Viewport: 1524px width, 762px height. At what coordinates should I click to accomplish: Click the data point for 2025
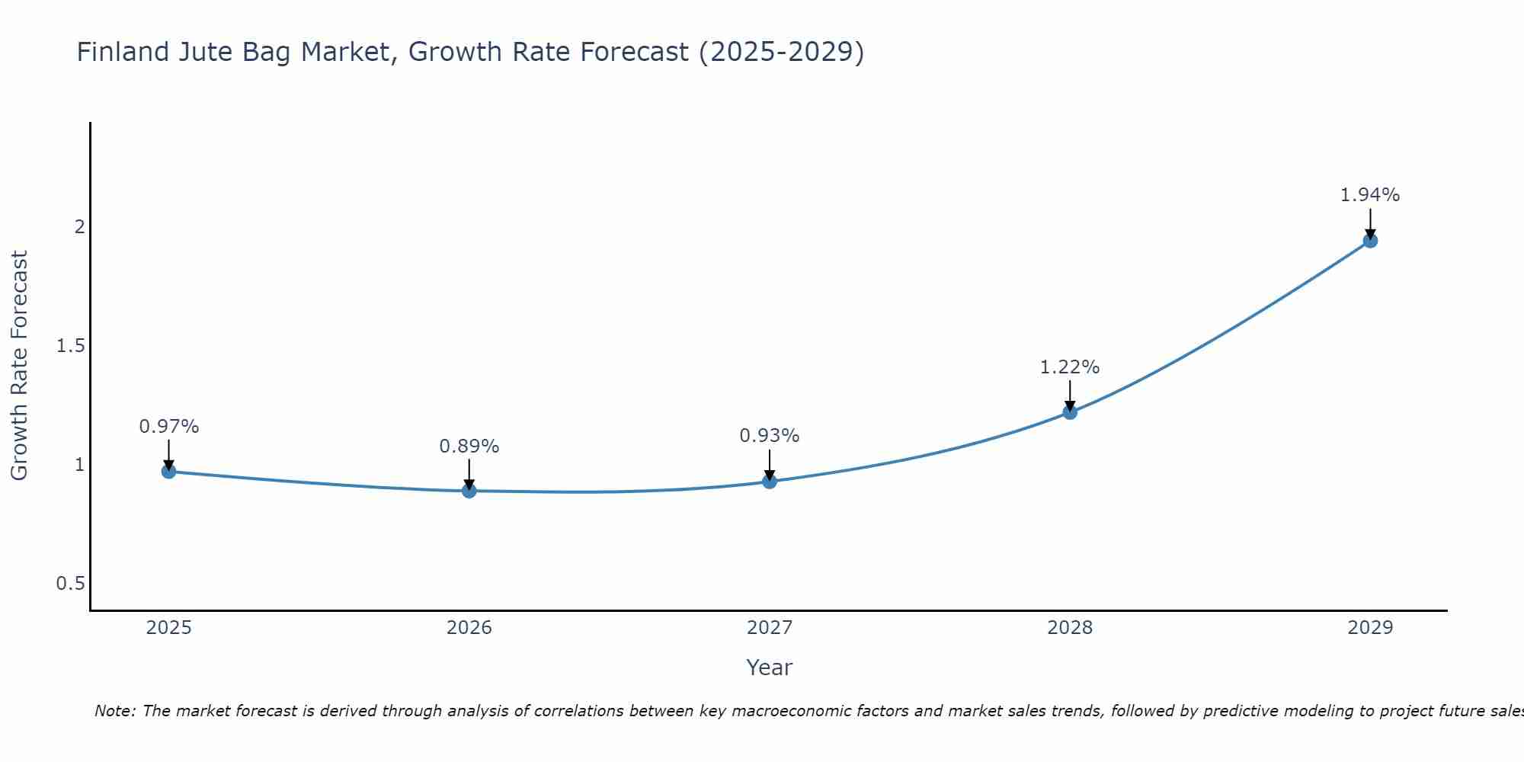pos(168,472)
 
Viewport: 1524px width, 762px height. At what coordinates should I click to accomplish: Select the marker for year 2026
pos(469,491)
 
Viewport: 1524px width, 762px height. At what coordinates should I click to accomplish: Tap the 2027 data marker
pos(770,482)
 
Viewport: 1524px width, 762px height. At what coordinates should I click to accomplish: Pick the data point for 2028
pos(1070,412)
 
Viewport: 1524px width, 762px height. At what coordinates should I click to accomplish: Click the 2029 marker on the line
pos(1370,241)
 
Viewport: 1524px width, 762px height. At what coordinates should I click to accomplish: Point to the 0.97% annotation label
pos(168,427)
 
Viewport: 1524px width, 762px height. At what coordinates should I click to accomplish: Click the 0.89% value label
pos(469,447)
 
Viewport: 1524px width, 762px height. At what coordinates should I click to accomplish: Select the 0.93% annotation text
pos(770,436)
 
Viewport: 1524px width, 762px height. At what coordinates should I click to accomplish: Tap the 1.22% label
pos(1070,367)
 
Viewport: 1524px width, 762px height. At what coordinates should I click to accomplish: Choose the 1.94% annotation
pos(1370,195)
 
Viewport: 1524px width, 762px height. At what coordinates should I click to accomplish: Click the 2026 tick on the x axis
pos(469,628)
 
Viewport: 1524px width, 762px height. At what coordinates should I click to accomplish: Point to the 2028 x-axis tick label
pos(1070,628)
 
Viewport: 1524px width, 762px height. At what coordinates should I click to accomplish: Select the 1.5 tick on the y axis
pos(70,346)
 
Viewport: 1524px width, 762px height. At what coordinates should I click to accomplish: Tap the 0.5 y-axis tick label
pos(70,584)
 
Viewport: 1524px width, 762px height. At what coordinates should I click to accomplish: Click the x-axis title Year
pos(770,668)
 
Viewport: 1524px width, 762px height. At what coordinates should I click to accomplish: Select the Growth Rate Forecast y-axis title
pos(19,366)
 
